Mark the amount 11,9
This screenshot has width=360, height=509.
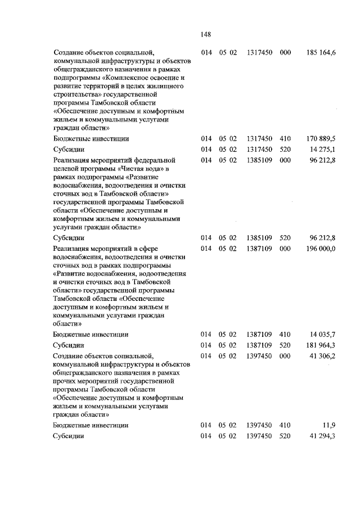(328, 425)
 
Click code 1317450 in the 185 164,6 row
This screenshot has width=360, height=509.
(259, 52)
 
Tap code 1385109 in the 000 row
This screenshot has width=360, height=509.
(259, 160)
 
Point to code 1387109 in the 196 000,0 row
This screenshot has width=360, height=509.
(259, 249)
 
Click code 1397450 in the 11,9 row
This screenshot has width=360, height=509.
(259, 425)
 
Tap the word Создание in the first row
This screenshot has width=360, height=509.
(68, 52)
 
